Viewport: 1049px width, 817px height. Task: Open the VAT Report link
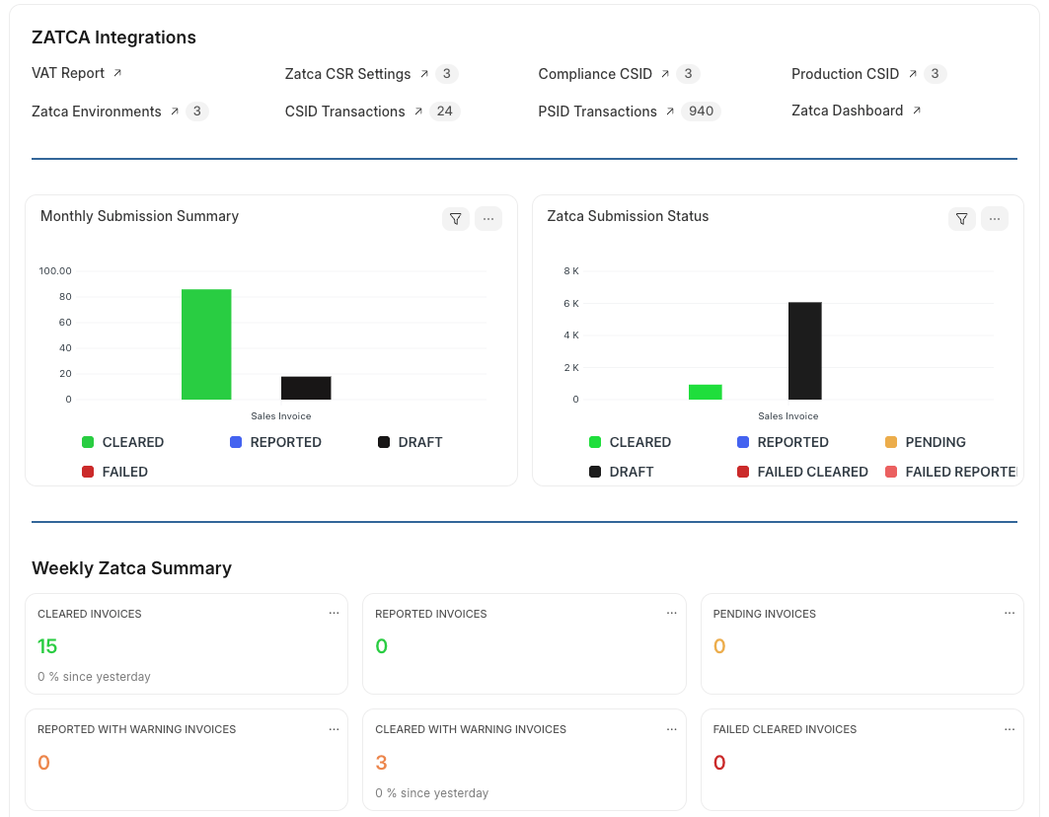69,73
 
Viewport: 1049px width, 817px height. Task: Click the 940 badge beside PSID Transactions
701,111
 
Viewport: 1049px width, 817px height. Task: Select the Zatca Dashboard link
847,111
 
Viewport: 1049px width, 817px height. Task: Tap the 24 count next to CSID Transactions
444,111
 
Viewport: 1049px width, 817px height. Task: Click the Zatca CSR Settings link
347,74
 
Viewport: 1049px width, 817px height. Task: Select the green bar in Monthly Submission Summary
206,344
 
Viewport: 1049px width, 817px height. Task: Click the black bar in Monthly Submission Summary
306,388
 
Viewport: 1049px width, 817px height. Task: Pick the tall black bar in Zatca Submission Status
804,350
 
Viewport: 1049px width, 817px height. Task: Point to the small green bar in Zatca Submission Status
705,392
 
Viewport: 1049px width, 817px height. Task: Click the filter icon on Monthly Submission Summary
455,219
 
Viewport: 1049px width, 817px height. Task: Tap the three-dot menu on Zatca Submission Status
994,219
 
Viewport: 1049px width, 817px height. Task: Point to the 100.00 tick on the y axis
55,271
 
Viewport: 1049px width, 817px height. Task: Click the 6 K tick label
570,303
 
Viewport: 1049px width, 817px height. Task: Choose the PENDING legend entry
935,442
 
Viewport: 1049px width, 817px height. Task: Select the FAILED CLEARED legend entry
812,472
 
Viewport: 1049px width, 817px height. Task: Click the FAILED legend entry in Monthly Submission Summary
124,472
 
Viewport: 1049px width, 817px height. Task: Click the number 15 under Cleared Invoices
47,646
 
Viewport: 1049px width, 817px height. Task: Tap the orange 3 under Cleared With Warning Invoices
382,763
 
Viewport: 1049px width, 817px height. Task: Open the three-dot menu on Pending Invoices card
1009,613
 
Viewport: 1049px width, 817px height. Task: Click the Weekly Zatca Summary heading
131,568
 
